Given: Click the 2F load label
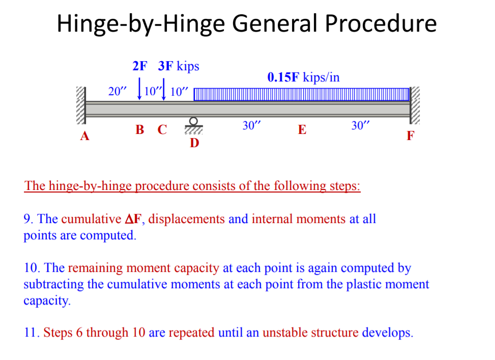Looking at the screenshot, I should tap(139, 66).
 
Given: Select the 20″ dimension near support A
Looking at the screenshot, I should tap(118, 92).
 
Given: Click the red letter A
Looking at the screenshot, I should tap(84, 136).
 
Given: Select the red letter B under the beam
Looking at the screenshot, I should tap(140, 130).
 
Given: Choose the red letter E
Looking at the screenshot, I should tap(302, 130).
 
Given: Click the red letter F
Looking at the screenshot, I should tap(411, 136).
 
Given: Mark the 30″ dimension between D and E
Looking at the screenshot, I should tap(251, 126).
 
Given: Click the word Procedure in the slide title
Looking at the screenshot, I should tap(381, 23).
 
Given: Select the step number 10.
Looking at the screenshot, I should tap(31, 268).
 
